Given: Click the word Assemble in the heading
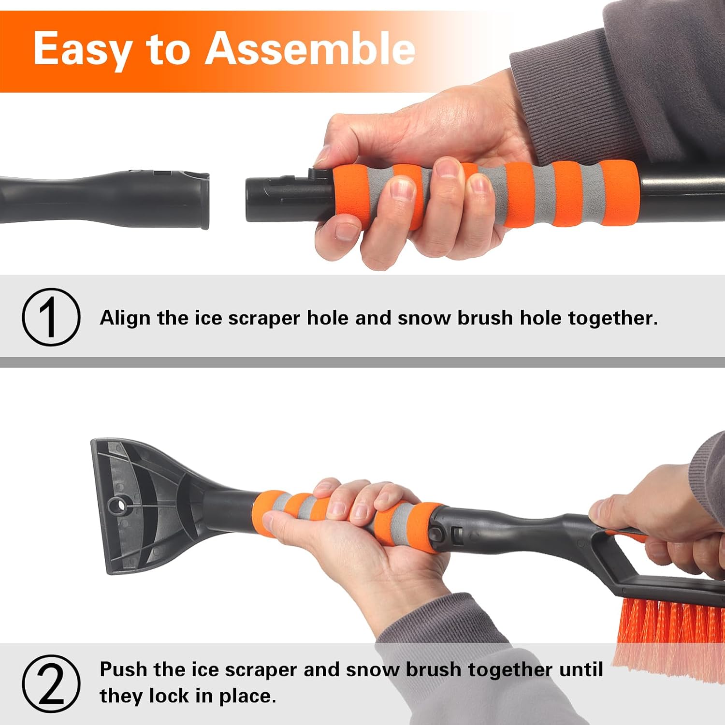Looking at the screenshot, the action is coord(310,48).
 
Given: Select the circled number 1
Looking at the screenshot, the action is coord(51,317).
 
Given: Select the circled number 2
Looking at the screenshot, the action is coord(51,683).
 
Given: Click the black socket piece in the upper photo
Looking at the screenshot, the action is coord(104,198).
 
